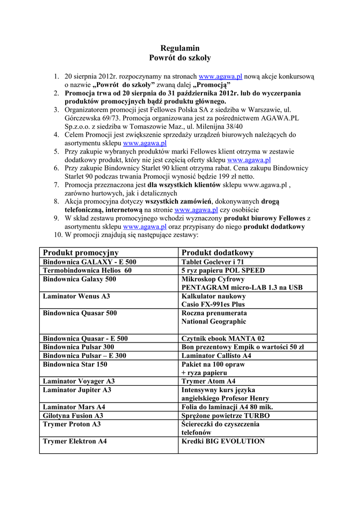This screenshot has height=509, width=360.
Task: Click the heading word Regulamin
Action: pyautogui.click(x=180, y=48)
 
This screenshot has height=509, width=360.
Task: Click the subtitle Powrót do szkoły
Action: pyautogui.click(x=180, y=58)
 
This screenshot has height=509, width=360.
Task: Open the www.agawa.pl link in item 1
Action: pyautogui.click(x=220, y=77)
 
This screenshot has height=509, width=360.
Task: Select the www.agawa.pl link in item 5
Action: pyautogui.click(x=249, y=160)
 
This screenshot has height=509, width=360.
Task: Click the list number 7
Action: pyautogui.click(x=56, y=185)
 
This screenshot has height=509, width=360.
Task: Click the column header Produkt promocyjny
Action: pyautogui.click(x=81, y=253)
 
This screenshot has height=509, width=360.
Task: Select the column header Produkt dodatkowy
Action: pyautogui.click(x=217, y=253)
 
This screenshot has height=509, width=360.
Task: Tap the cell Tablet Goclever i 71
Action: pyautogui.click(x=213, y=262)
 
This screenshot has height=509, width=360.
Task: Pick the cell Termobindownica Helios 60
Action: pyautogui.click(x=88, y=270)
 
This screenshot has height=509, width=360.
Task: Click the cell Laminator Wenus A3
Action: pyautogui.click(x=77, y=296)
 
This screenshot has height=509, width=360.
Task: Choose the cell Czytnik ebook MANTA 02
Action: pyautogui.click(x=223, y=339)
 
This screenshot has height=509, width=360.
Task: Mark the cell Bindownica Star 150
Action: pyautogui.click(x=75, y=364)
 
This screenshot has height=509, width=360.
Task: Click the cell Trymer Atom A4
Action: pyautogui.click(x=209, y=381)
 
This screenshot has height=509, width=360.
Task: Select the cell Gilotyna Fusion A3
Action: pyautogui.click(x=73, y=416)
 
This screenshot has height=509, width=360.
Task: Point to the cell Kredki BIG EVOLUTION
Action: pyautogui.click(x=223, y=441)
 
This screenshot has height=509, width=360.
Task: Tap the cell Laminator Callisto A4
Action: pyautogui.click(x=216, y=355)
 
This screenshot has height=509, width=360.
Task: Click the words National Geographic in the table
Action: pyautogui.click(x=214, y=322)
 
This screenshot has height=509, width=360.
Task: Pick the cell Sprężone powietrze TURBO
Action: pyautogui.click(x=226, y=416)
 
